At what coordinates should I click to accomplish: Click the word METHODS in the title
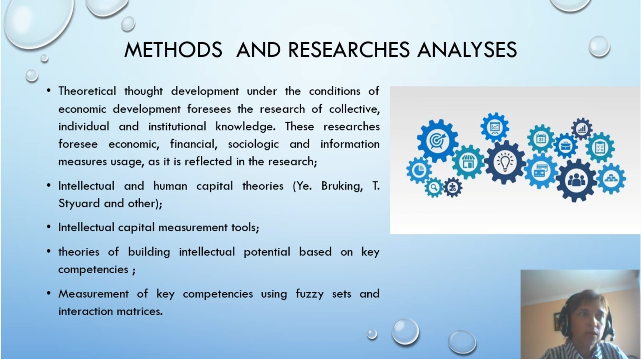point(173,49)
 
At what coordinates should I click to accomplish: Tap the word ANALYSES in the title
point(467,49)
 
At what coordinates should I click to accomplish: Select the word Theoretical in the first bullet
point(87,91)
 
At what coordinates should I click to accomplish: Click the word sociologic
point(253,144)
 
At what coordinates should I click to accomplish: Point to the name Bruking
point(342,186)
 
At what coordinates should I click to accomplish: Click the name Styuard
point(79,204)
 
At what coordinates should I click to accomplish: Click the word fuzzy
point(309,294)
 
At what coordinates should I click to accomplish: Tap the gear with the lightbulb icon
point(505,162)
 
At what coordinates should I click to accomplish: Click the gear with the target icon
point(437,140)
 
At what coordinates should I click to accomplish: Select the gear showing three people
point(576,180)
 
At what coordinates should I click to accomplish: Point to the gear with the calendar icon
point(541,138)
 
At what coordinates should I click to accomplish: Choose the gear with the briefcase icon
point(566,146)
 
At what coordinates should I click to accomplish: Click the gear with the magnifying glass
point(434,187)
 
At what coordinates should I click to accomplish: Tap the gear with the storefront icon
point(468,162)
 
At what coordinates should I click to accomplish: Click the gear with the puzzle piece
point(453,187)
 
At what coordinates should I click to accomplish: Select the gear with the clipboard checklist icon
point(600,147)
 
